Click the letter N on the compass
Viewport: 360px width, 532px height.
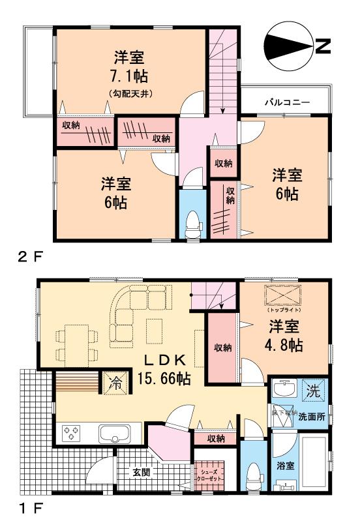click(322, 46)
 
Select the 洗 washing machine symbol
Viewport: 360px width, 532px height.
click(314, 392)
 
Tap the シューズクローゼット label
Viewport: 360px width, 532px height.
click(210, 475)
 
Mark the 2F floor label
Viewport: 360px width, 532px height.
click(30, 256)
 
